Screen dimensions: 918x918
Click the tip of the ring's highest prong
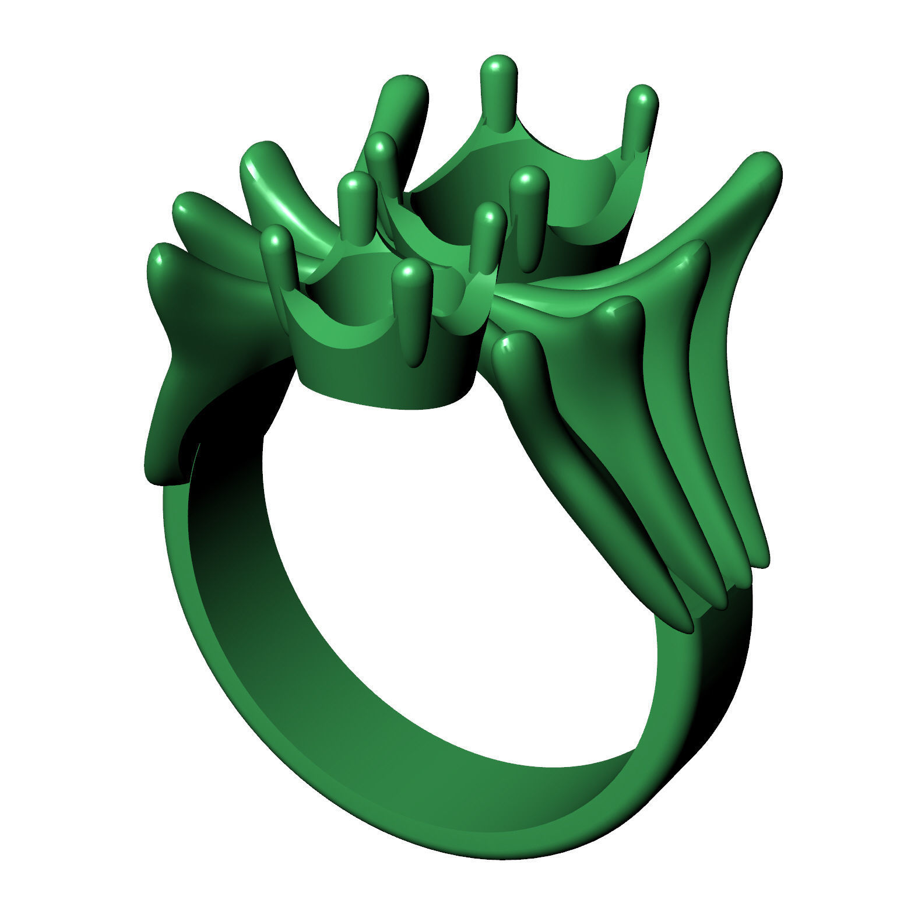click(x=498, y=65)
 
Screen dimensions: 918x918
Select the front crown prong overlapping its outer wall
click(x=413, y=274)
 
